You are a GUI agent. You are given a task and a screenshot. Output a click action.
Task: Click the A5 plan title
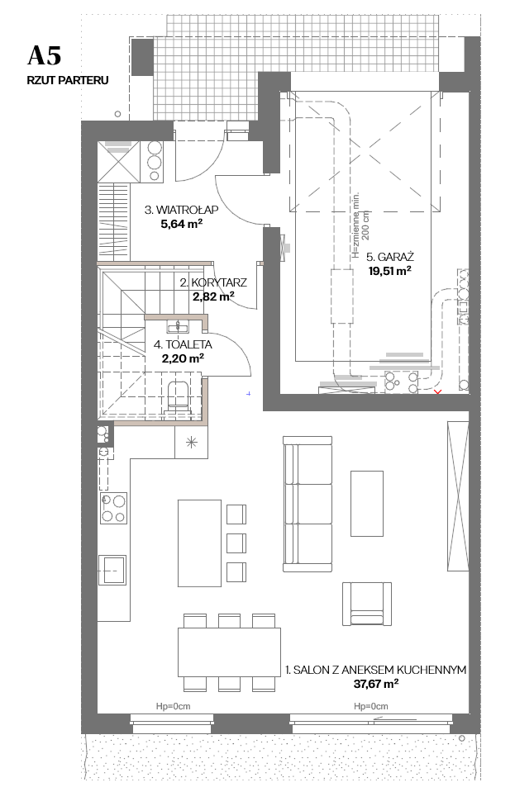(x=44, y=55)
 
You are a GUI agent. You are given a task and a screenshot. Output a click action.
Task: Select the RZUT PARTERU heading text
(x=68, y=80)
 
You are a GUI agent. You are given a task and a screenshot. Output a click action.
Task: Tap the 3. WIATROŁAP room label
(x=181, y=210)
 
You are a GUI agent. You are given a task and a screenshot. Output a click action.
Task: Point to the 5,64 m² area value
(x=181, y=224)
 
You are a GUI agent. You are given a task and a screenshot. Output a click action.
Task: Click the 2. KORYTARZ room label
(x=213, y=282)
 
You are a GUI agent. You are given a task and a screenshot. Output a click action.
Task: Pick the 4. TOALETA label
(x=183, y=345)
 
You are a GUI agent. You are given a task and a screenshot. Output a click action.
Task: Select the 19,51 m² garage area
(x=389, y=271)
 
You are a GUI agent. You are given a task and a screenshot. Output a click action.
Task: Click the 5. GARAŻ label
(x=390, y=257)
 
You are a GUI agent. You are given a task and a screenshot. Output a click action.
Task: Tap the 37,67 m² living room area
(x=376, y=684)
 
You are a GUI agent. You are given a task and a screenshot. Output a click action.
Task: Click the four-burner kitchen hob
(x=113, y=508)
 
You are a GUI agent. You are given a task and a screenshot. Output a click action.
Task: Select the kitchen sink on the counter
(x=112, y=570)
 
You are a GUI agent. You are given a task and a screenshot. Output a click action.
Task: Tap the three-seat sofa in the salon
(x=308, y=504)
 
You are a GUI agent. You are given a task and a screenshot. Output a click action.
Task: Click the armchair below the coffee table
(x=367, y=604)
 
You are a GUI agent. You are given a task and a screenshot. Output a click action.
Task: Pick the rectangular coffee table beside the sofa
(x=367, y=504)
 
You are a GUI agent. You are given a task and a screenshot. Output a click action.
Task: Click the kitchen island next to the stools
(x=199, y=543)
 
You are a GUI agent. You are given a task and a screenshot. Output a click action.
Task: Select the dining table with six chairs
(x=229, y=652)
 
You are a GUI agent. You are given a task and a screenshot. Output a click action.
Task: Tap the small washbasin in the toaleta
(x=178, y=326)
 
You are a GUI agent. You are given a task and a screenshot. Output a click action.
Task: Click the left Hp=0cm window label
(x=174, y=706)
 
